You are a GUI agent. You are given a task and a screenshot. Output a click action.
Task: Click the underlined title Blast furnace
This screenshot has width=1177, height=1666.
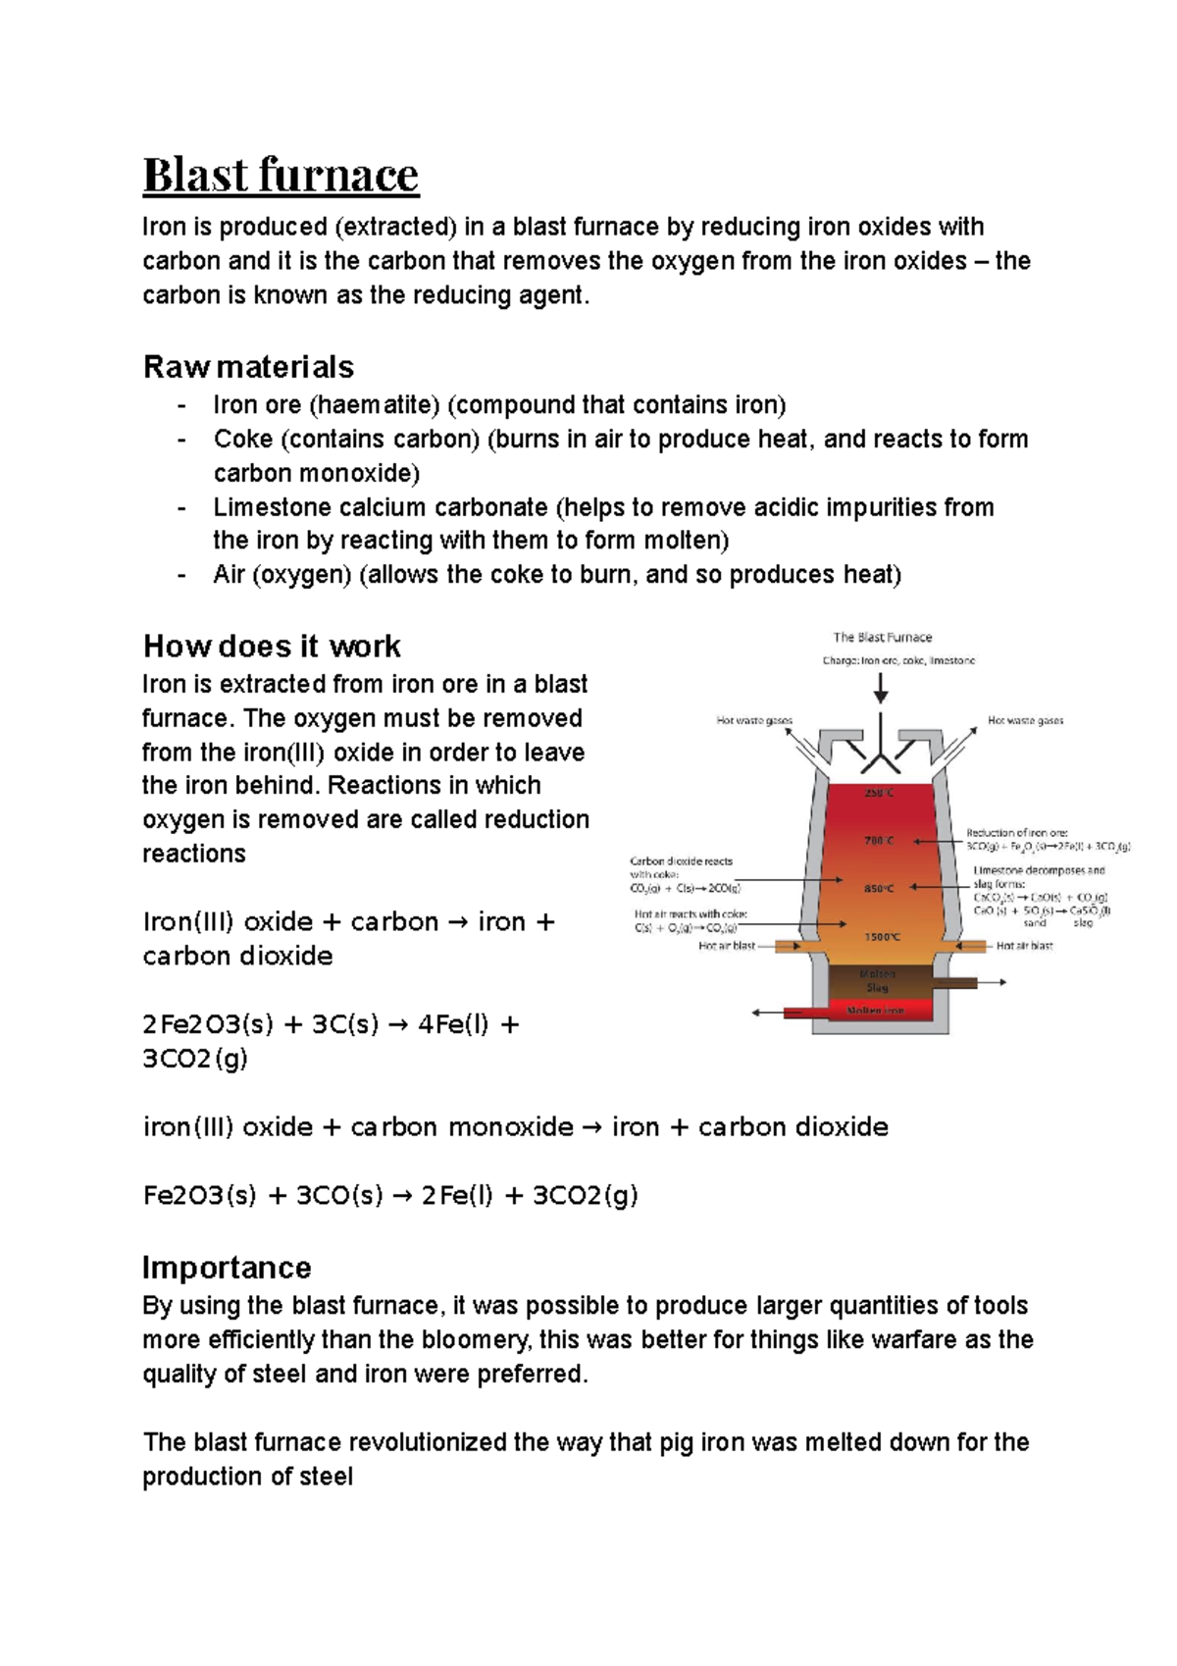click(x=281, y=176)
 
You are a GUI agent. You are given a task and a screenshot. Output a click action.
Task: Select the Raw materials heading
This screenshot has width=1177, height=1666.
click(x=248, y=367)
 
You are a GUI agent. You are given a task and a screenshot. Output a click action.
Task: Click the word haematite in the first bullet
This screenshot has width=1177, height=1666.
click(x=376, y=405)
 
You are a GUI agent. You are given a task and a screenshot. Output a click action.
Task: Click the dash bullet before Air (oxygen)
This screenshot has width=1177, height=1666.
click(x=181, y=575)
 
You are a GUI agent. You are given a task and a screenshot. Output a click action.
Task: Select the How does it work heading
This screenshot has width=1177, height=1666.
click(x=272, y=647)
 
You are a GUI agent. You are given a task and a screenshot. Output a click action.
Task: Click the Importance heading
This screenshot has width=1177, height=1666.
click(x=227, y=1268)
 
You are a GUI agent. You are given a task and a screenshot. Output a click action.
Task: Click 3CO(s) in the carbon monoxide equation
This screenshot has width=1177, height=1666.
click(x=339, y=1196)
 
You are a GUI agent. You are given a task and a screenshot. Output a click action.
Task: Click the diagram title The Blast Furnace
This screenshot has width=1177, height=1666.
click(x=882, y=638)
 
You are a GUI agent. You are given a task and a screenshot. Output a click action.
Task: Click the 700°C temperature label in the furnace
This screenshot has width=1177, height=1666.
click(x=878, y=841)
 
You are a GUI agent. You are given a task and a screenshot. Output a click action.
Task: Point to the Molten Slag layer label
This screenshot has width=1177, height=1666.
click(x=877, y=981)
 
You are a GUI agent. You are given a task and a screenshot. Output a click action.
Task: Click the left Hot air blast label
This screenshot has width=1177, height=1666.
click(x=727, y=947)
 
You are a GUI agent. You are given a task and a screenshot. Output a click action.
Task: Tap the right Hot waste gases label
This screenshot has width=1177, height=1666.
click(x=1025, y=720)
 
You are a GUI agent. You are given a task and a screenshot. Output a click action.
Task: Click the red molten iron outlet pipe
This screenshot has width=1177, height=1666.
click(x=806, y=1013)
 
